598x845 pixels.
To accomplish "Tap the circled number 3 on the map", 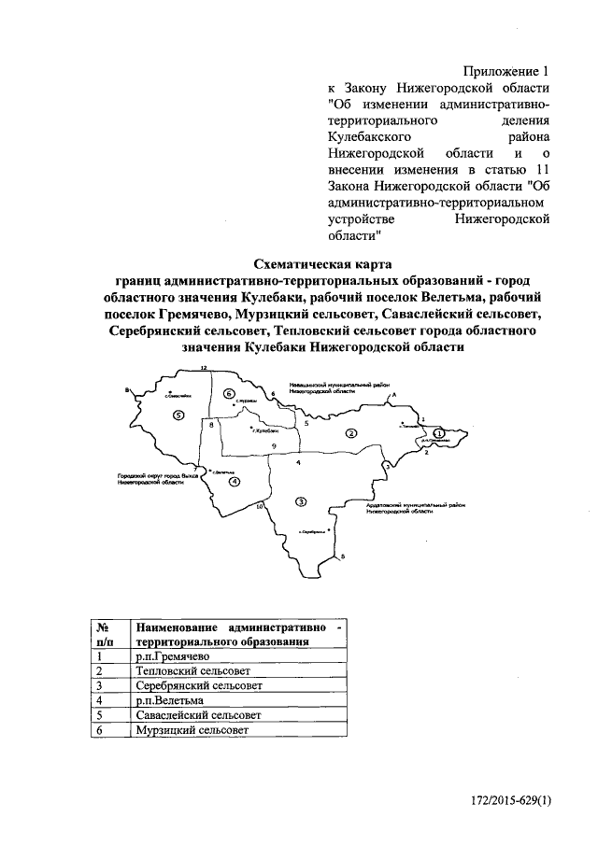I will point(300,501).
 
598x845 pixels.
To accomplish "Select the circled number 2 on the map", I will point(351,432).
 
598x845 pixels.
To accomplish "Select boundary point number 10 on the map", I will point(260,505).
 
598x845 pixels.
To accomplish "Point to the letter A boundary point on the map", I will point(393,396).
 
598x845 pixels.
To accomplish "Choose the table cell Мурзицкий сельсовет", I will point(187,729).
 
